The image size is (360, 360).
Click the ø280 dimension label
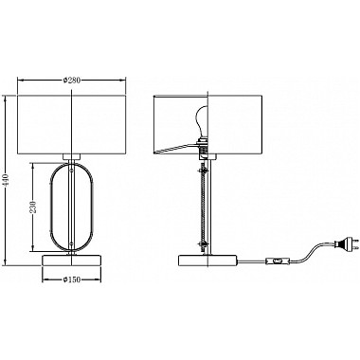pos(72,81)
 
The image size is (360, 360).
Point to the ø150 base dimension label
pos(72,279)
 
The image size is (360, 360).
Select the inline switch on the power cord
pos(277,261)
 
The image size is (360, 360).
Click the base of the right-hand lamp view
pos(208,261)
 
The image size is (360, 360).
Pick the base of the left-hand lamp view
pos(72,261)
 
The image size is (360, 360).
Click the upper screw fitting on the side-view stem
pos(203,171)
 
